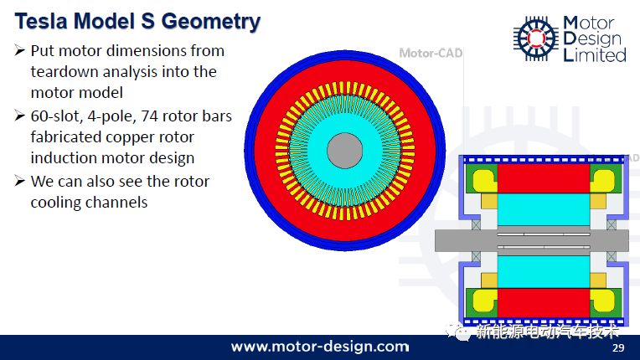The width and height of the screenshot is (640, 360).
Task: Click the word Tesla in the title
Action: point(41,21)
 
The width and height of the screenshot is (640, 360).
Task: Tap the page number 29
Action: point(618,347)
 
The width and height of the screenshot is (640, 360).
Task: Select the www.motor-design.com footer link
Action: point(320,347)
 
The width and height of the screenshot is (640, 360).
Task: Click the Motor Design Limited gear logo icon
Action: point(536,39)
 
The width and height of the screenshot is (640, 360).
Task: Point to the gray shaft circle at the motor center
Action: point(345,151)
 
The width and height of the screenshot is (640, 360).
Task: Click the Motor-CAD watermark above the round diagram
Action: point(431,53)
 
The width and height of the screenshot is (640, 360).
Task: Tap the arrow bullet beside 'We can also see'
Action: point(20,181)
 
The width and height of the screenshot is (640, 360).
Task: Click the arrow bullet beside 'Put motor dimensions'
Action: point(20,50)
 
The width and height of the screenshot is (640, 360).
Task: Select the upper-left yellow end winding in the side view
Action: point(484,180)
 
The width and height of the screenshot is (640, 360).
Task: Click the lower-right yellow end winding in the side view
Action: point(602,301)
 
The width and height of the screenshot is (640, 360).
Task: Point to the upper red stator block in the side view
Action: point(544,178)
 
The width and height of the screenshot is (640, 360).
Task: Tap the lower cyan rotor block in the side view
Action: point(544,272)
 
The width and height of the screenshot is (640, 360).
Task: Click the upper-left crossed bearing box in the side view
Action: point(477,224)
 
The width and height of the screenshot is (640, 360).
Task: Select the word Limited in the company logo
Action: point(595,55)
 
